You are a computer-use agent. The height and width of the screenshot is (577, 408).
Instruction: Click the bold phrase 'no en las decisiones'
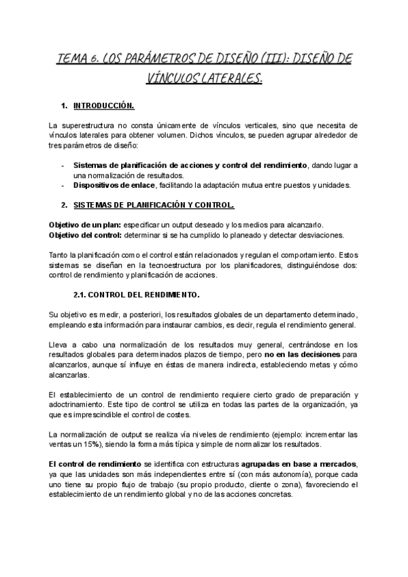(x=304, y=355)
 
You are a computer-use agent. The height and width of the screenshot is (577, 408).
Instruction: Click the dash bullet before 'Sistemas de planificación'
(x=63, y=165)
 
